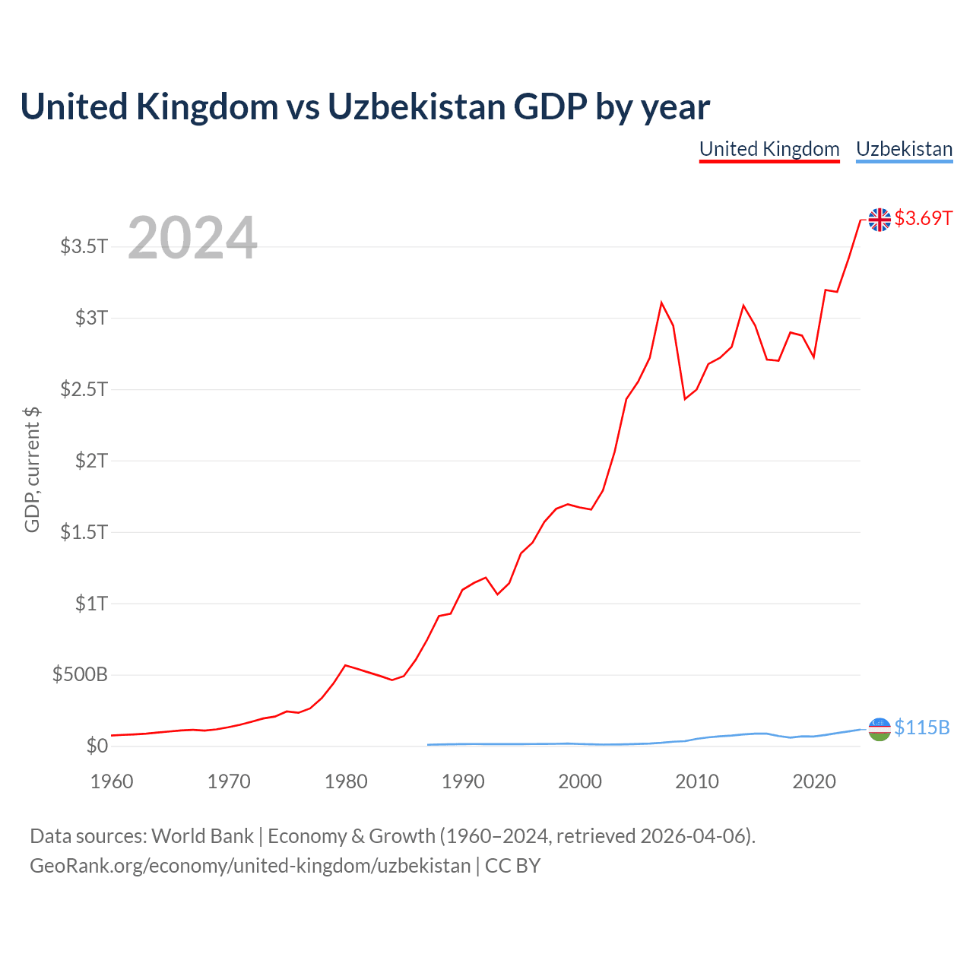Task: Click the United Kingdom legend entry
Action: pos(769,150)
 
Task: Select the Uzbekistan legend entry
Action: pos(905,150)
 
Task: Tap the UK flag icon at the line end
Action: pos(879,220)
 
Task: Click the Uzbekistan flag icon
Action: pos(879,729)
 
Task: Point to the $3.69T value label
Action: pos(923,218)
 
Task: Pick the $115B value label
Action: pos(922,727)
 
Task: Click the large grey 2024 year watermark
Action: pos(192,237)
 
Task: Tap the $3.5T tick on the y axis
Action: pos(84,246)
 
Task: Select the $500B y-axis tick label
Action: pos(80,674)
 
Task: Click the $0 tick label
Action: pos(97,746)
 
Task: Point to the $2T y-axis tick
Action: pos(91,461)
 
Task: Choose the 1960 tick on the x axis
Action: pos(112,781)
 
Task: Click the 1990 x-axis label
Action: pos(463,781)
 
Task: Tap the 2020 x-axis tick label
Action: pos(814,781)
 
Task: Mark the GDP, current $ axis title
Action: pos(32,470)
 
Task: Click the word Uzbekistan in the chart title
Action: pos(417,106)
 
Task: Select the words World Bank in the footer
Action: pos(202,836)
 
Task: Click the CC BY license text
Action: pos(512,866)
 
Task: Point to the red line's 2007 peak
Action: pos(661,303)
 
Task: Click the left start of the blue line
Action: pos(428,744)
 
